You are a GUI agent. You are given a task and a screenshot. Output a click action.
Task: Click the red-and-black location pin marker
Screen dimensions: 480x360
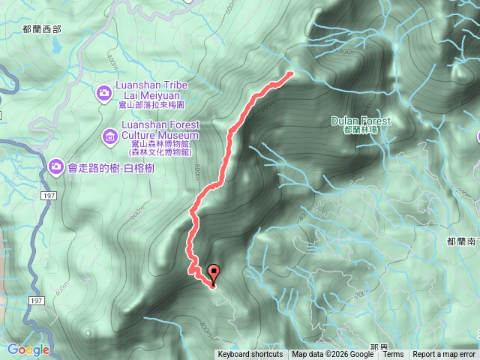(x=214, y=274)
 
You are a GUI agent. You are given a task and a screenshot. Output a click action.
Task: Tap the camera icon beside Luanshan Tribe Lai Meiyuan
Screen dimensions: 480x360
(x=104, y=93)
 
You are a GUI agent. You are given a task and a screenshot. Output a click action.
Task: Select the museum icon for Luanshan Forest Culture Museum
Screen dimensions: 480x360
(x=109, y=136)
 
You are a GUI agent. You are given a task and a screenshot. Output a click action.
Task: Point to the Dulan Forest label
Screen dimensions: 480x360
(x=361, y=121)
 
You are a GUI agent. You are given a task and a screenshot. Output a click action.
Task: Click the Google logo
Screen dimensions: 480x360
(x=28, y=349)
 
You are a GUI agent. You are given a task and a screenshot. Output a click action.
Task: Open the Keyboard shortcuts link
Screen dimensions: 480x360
(x=250, y=355)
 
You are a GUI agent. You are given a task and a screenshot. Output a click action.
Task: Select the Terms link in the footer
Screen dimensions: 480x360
(x=393, y=355)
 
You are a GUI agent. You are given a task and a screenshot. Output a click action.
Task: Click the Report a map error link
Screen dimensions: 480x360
(x=444, y=355)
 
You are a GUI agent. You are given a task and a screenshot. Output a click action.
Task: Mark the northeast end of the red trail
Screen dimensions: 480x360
(x=291, y=73)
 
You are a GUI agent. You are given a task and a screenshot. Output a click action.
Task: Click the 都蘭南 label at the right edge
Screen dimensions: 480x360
(x=461, y=241)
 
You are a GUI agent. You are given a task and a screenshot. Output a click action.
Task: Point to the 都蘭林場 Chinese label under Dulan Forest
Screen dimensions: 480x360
(x=360, y=130)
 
